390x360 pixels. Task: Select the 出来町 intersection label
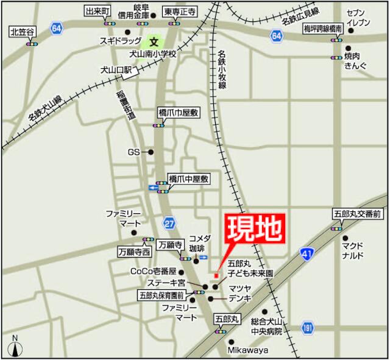[x=97, y=12]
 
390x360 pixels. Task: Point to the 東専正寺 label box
[x=179, y=12]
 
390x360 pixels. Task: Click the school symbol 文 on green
[x=154, y=43]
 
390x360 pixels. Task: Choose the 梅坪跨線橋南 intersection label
[x=325, y=29]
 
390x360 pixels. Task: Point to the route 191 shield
[x=308, y=328]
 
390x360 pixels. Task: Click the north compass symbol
[x=15, y=348]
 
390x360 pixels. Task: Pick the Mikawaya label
[x=248, y=350]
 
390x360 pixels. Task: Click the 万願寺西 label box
[x=135, y=251]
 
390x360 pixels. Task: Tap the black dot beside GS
[x=151, y=152]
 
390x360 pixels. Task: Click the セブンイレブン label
[x=357, y=17]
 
